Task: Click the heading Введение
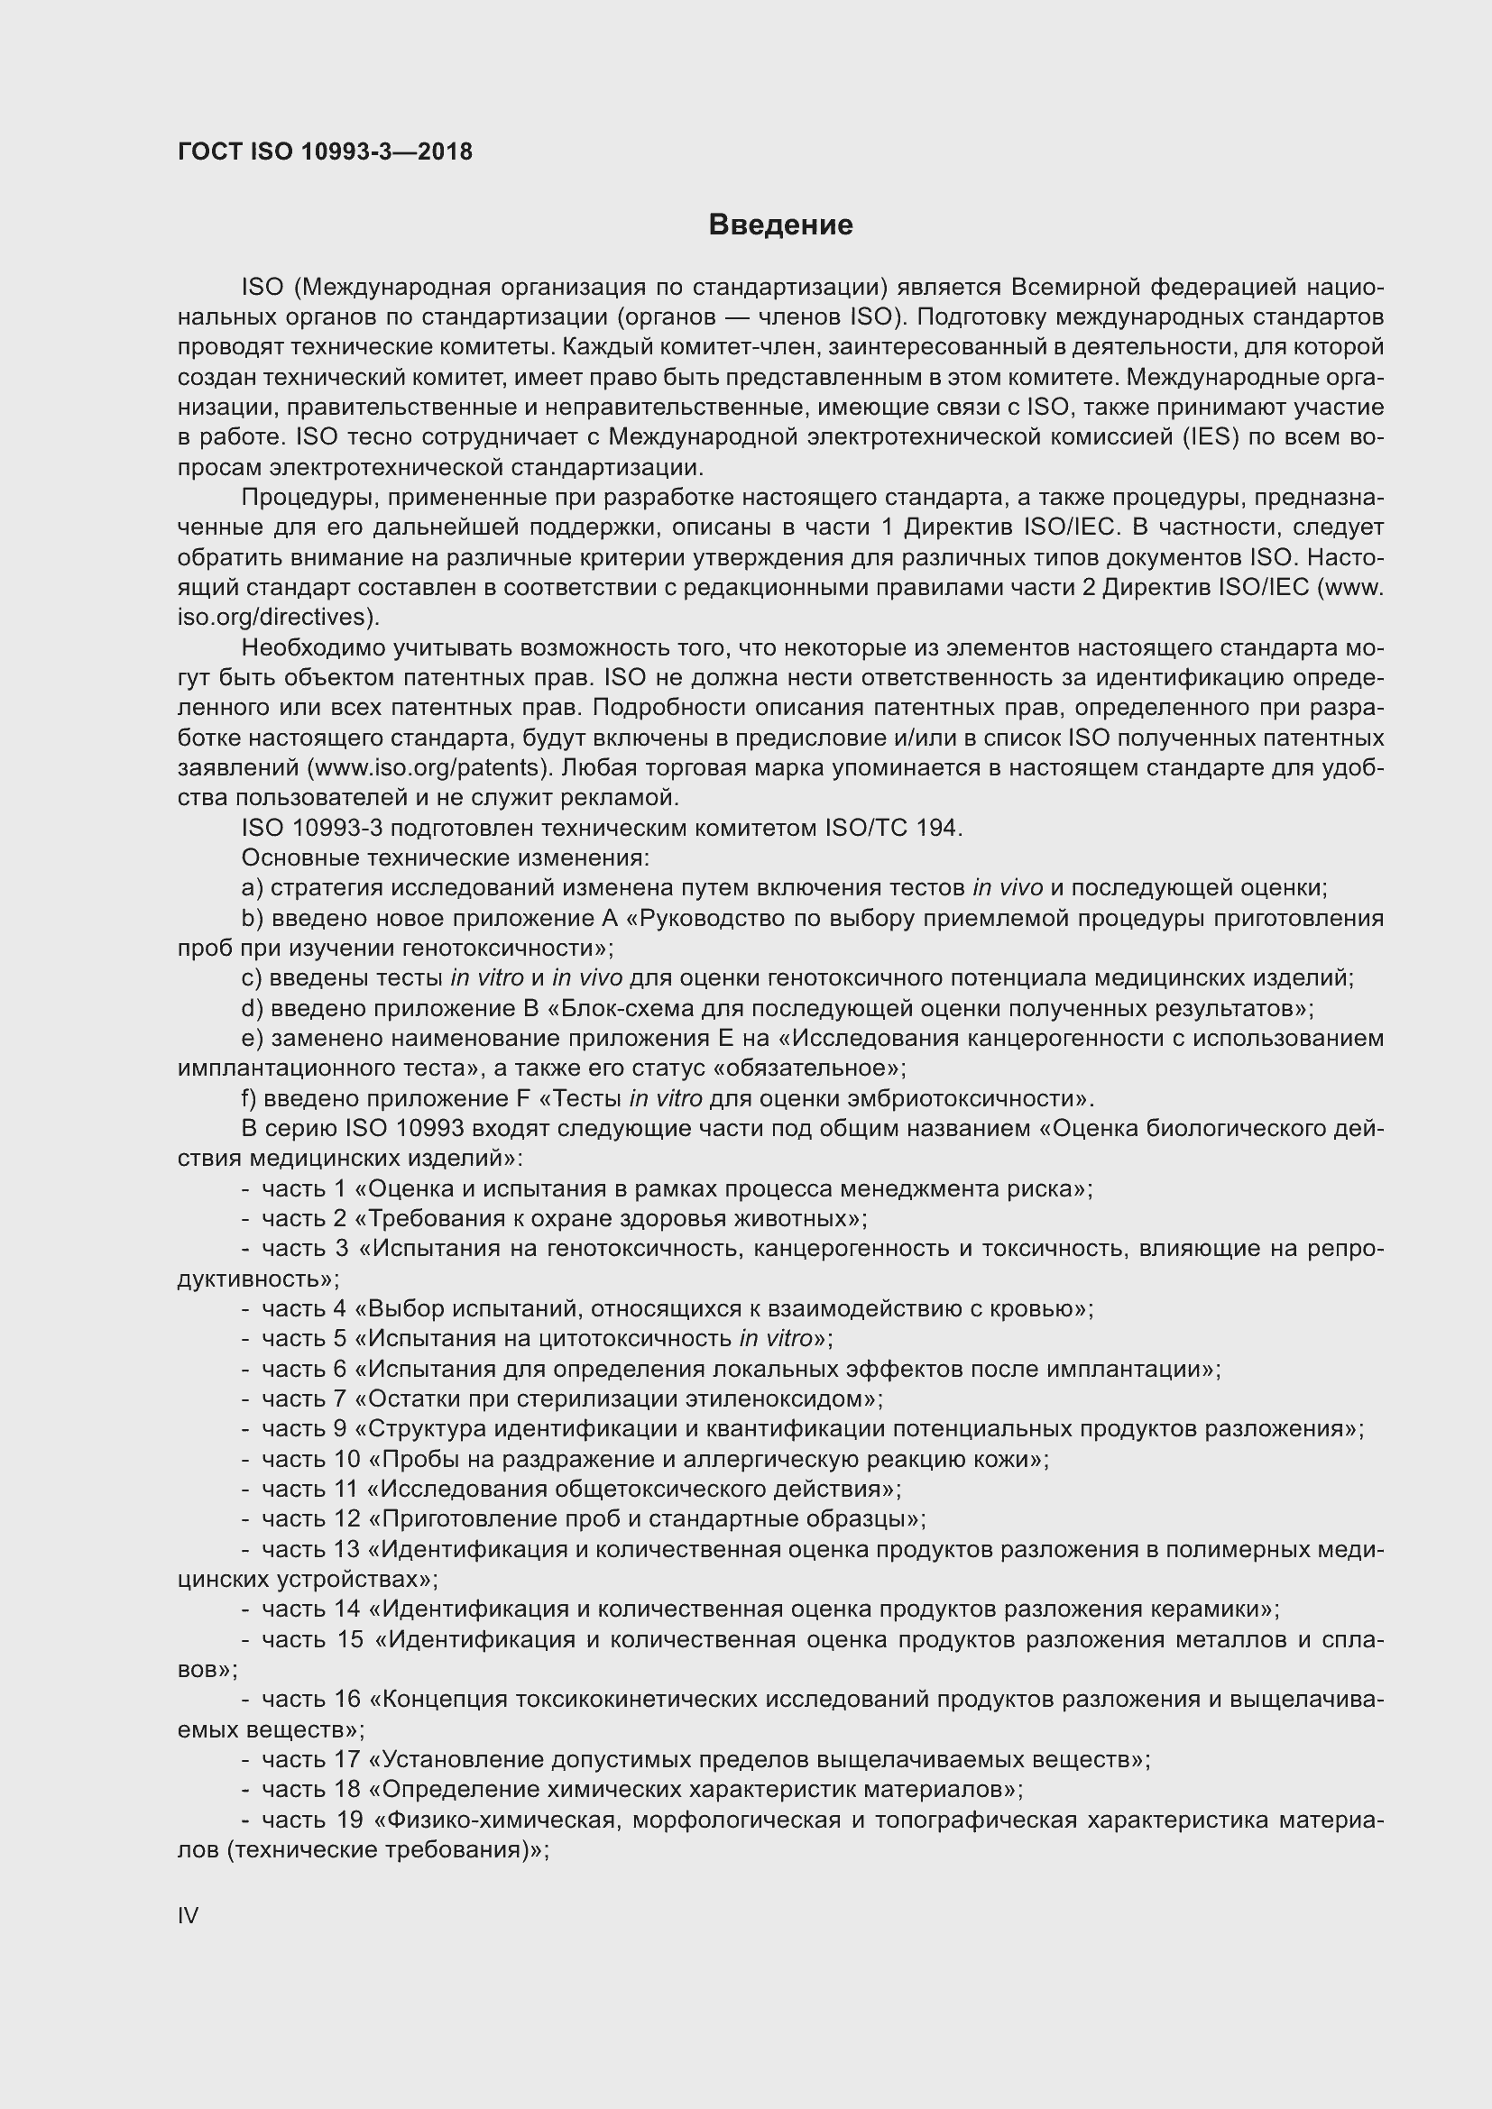pyautogui.click(x=780, y=225)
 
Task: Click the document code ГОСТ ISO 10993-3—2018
pyautogui.click(x=325, y=152)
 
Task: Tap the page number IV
pyautogui.click(x=188, y=1915)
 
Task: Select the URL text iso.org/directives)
pyautogui.click(x=278, y=618)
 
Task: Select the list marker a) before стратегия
pyautogui.click(x=253, y=888)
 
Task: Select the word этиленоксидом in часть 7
pyautogui.click(x=777, y=1399)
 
